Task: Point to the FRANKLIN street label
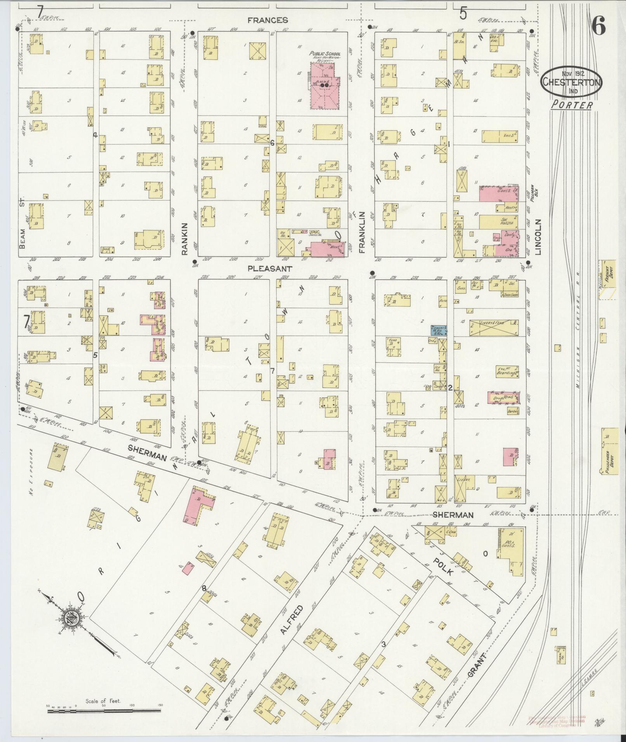(363, 232)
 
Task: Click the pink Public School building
(324, 86)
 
